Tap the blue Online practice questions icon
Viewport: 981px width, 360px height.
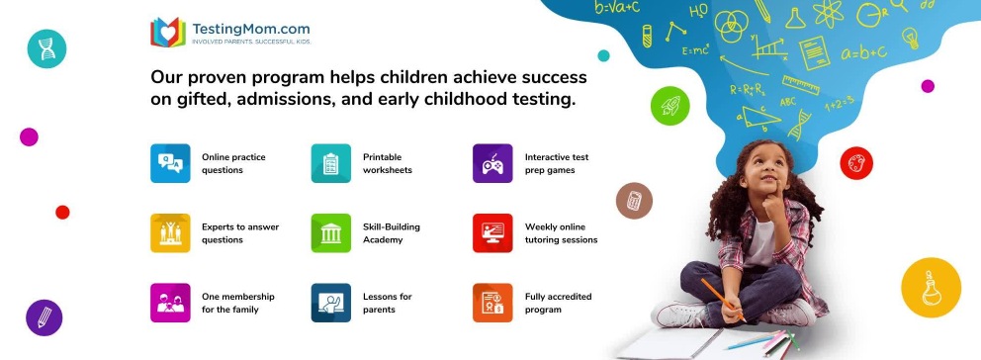[170, 163]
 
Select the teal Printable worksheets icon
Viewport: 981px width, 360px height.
[331, 163]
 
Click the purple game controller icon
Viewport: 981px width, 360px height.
[492, 163]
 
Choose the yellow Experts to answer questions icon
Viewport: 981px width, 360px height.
[170, 232]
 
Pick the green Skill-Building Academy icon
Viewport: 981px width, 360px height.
[331, 232]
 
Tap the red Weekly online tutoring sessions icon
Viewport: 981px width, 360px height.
[492, 232]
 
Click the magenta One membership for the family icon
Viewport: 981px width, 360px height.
[170, 303]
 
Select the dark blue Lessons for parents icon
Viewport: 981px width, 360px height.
[331, 303]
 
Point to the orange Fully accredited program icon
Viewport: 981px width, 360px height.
[492, 303]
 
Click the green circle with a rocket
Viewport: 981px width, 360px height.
[669, 105]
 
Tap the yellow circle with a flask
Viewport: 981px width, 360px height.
[931, 288]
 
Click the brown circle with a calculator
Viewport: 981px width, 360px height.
[633, 201]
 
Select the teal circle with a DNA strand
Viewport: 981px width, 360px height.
[46, 48]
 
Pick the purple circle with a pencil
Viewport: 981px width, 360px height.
[45, 317]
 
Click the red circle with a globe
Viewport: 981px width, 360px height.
[856, 163]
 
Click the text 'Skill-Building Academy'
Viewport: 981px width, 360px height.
[392, 232]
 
